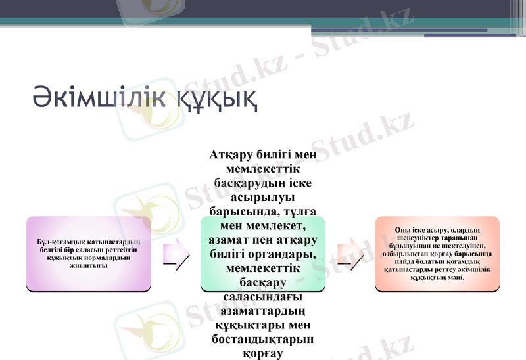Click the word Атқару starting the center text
[234, 155]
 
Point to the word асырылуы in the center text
[263, 197]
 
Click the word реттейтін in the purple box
[125, 249]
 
